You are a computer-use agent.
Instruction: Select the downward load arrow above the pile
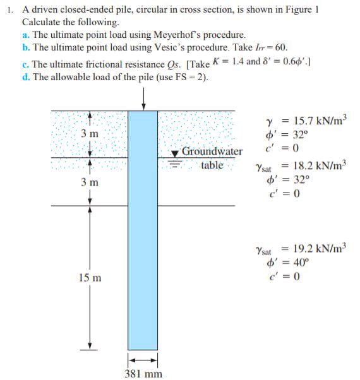click(x=144, y=98)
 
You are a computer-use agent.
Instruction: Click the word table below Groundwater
click(x=212, y=165)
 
